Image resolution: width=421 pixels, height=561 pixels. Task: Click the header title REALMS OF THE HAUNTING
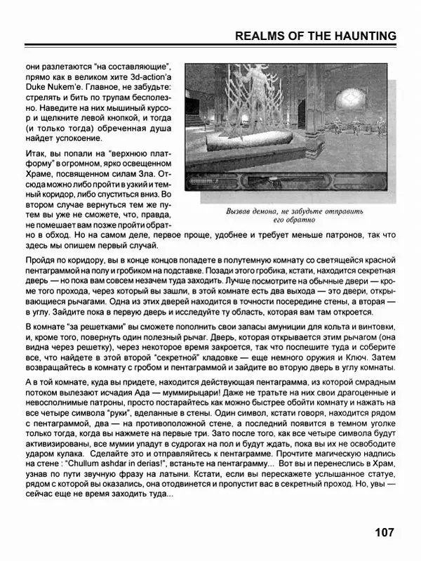314,36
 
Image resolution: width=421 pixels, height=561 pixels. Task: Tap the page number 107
385,532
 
